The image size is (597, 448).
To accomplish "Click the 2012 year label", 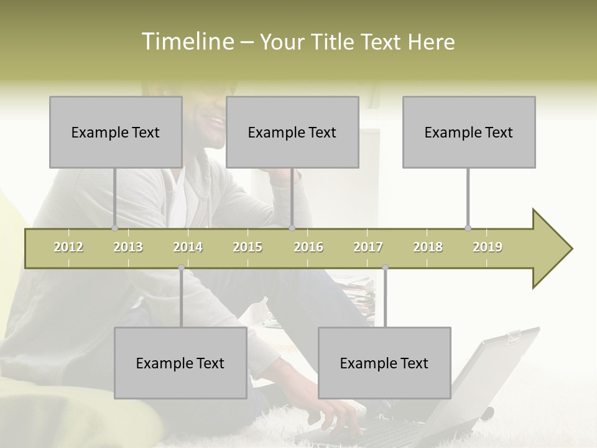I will click(x=68, y=247).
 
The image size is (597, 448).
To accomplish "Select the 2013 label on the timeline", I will click(x=128, y=247).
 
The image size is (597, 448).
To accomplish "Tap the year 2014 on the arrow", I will click(x=188, y=247).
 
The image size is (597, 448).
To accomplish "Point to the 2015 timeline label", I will click(x=248, y=247).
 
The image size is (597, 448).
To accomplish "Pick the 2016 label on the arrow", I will click(x=308, y=247).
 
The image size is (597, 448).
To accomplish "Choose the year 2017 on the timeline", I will click(x=368, y=247).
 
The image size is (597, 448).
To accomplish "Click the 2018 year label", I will click(x=428, y=247).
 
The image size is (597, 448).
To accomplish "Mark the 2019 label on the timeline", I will click(x=488, y=247).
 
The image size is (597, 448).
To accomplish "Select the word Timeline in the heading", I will click(x=187, y=42).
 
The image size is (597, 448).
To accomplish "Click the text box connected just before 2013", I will click(x=116, y=132).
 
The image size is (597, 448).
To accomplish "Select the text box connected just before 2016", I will click(x=292, y=132).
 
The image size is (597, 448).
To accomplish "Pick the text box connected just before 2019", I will click(x=469, y=132).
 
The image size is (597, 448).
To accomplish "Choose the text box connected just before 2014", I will click(x=180, y=363).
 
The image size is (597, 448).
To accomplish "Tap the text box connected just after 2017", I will click(x=384, y=363).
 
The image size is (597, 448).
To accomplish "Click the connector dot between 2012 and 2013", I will click(x=114, y=228).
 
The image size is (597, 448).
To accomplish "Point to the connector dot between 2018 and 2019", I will click(x=468, y=228).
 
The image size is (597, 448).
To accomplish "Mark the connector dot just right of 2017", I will click(x=385, y=268).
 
